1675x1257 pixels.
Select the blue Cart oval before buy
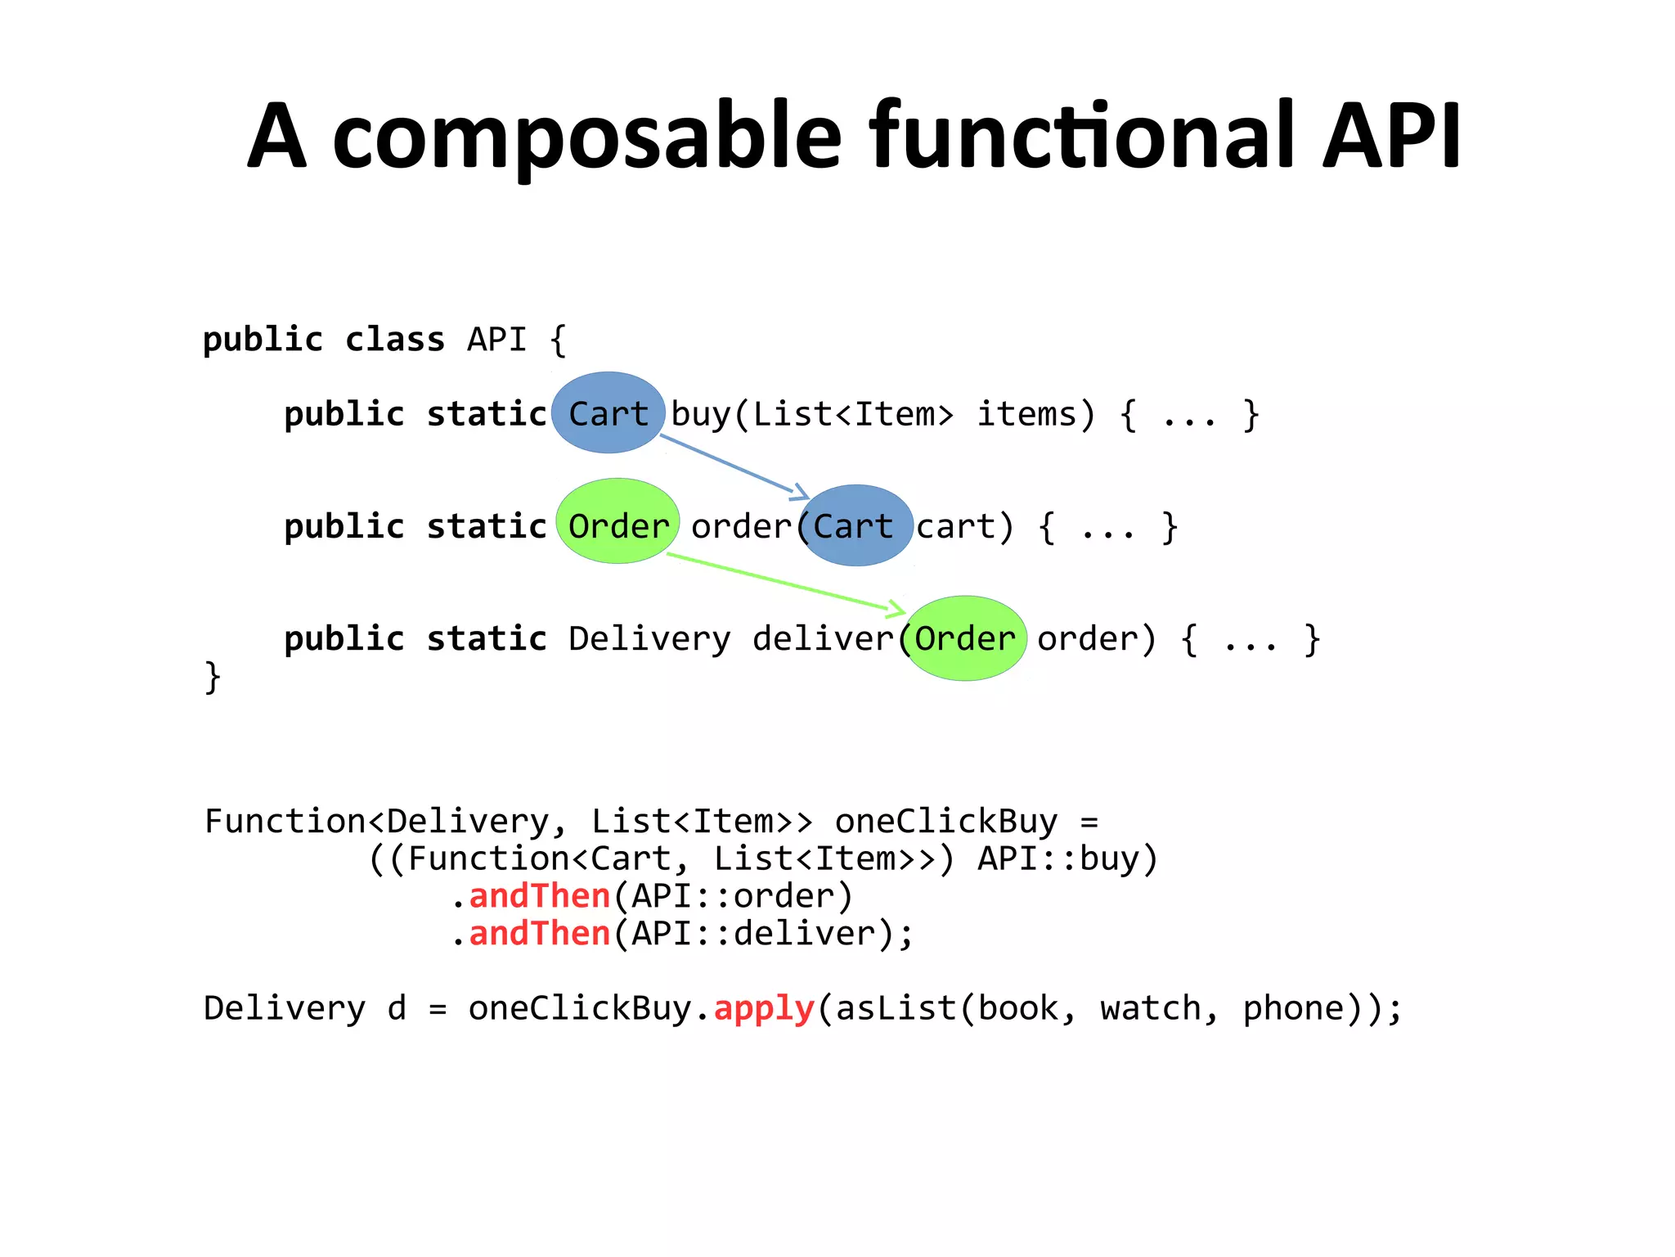(x=608, y=413)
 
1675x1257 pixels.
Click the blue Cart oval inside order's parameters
(x=855, y=525)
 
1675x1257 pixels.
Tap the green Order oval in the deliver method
(x=965, y=638)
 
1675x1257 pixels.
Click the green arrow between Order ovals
(x=785, y=582)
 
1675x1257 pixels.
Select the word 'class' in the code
(x=394, y=339)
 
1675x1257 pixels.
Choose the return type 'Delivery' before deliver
(x=649, y=638)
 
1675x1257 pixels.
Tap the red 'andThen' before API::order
(x=540, y=895)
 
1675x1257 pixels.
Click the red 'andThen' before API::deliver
(x=540, y=933)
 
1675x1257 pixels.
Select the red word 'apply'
(x=764, y=1008)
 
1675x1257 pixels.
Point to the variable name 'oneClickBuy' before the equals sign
(x=945, y=821)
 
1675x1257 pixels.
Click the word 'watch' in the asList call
(x=1149, y=1008)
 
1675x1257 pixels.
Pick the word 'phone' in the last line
(x=1293, y=1008)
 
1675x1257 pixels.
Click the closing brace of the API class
(x=213, y=677)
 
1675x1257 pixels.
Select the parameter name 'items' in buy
(x=1027, y=414)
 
